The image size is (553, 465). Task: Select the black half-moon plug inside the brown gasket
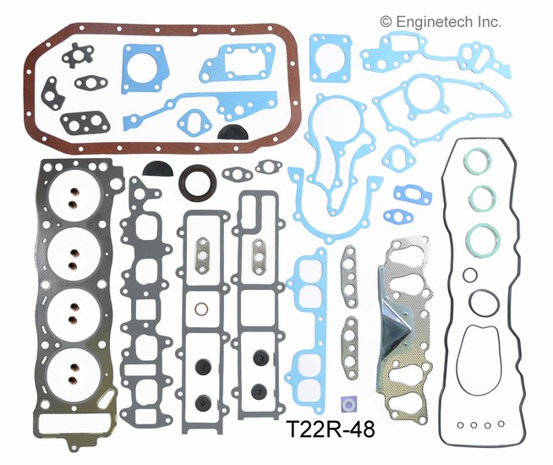coord(230,131)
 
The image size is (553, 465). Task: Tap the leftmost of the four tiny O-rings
coord(457,425)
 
